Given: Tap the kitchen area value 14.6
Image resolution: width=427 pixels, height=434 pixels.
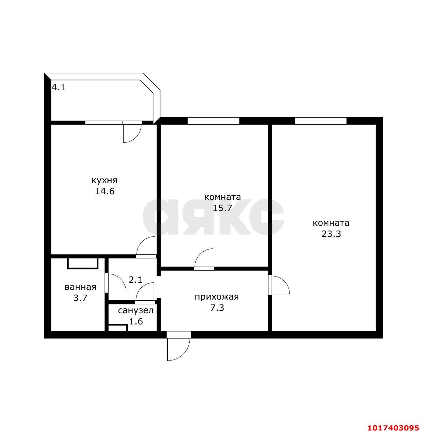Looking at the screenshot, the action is point(105,191).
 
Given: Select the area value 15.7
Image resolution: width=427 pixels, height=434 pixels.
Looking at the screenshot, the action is point(222,208).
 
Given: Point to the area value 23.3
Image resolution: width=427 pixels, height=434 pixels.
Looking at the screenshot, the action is point(331,234).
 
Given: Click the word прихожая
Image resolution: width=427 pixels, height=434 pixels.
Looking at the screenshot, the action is point(217,297).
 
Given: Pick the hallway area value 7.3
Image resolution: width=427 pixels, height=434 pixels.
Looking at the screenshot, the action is point(217,308).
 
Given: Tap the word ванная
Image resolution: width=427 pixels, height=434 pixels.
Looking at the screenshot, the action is point(80,287).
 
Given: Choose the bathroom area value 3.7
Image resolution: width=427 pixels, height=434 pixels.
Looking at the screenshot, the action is point(80,298).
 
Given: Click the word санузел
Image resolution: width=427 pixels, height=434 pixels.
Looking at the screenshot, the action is point(136,310).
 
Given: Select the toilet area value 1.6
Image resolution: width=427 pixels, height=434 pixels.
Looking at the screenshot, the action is point(136,321).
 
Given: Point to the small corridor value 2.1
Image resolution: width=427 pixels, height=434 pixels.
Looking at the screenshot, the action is point(135,280).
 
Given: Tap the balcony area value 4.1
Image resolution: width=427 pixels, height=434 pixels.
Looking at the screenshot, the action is point(58,87).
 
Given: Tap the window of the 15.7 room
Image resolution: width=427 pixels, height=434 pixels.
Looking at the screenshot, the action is point(213,121).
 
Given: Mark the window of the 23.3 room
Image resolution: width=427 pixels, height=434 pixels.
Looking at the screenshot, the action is point(320,121).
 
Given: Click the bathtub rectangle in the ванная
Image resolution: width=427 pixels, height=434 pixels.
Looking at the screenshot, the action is point(83,264).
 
